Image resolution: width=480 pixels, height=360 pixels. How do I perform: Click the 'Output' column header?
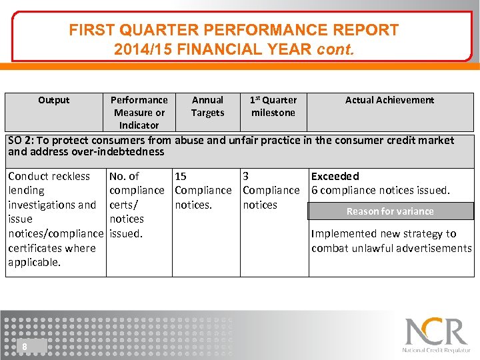(x=53, y=100)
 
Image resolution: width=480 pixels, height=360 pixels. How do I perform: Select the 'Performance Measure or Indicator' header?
(x=139, y=112)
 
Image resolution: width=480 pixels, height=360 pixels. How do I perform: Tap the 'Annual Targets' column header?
(x=207, y=106)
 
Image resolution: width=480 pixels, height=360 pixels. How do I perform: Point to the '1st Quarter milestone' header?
(x=273, y=106)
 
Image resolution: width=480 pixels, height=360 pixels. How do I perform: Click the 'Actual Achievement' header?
(x=389, y=100)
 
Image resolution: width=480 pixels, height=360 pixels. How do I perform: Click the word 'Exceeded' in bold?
(x=335, y=176)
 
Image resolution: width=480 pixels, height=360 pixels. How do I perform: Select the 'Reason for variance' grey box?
(x=390, y=211)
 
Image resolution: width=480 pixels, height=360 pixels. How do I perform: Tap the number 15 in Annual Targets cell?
(x=181, y=176)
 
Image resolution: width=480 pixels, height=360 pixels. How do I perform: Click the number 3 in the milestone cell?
(x=246, y=176)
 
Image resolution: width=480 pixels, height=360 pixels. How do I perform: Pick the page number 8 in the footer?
(x=25, y=346)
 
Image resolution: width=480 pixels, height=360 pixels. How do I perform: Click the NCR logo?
(x=436, y=331)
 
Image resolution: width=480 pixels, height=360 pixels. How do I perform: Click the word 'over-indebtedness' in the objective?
(x=122, y=152)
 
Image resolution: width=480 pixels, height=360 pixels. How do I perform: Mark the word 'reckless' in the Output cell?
(x=69, y=176)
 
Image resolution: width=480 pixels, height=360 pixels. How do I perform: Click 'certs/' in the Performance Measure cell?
(x=123, y=205)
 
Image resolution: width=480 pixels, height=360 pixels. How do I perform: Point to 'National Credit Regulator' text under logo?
(x=436, y=350)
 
